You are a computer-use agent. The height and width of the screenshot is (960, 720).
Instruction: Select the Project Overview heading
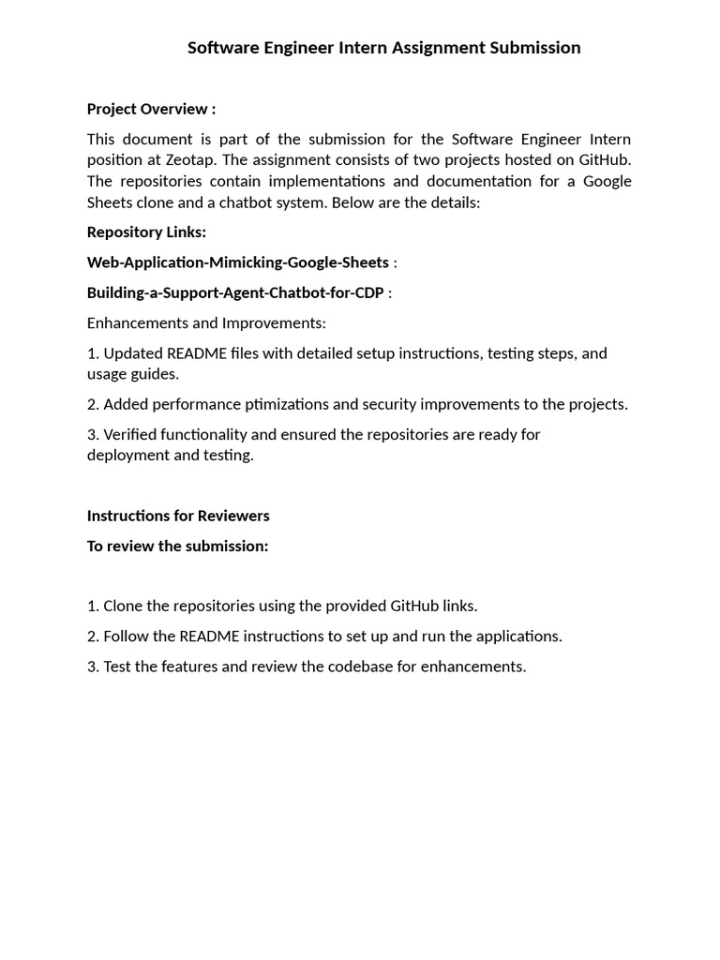151,109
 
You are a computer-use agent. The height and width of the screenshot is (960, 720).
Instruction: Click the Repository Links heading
146,232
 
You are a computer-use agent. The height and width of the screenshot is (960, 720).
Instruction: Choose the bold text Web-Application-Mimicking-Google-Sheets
237,262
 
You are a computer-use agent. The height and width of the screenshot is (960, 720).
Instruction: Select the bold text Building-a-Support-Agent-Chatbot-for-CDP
235,292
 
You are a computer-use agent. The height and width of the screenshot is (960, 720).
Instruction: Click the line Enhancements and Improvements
206,322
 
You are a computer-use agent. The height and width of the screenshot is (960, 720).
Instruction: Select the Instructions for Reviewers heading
178,516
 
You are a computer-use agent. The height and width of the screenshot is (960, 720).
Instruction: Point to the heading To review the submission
177,546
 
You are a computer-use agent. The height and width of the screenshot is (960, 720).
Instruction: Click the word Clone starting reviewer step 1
123,606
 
